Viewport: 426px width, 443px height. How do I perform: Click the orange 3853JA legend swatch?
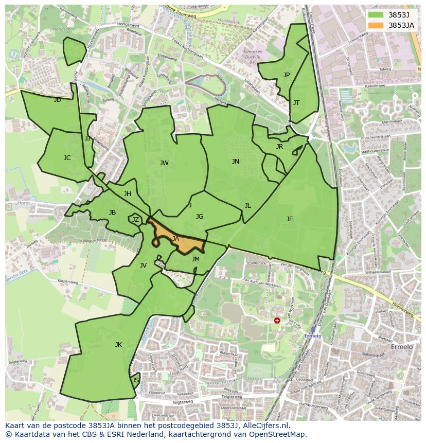(x=377, y=25)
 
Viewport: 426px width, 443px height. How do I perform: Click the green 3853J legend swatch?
(x=377, y=15)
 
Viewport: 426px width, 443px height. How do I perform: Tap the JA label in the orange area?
(x=175, y=239)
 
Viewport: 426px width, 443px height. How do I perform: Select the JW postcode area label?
(x=164, y=163)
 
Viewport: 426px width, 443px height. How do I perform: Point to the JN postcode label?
(x=236, y=162)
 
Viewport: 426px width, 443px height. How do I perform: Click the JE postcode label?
(x=290, y=219)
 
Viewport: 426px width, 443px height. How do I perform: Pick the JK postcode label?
(x=118, y=345)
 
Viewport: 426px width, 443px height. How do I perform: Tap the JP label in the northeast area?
(x=287, y=75)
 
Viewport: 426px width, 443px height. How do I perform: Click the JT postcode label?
(x=296, y=103)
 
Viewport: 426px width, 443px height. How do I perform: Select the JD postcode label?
(x=58, y=100)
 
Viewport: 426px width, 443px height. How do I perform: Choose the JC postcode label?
(x=67, y=158)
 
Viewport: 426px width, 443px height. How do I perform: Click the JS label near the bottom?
(x=136, y=380)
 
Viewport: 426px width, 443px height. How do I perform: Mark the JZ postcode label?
(x=135, y=220)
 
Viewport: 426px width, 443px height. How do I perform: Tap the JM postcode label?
(x=196, y=259)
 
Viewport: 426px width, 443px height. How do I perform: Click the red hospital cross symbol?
(x=277, y=320)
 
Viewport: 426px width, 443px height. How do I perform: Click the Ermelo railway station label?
(x=312, y=336)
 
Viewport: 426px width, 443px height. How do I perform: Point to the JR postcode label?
(x=279, y=147)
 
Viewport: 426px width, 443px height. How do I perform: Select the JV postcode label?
(x=143, y=265)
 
